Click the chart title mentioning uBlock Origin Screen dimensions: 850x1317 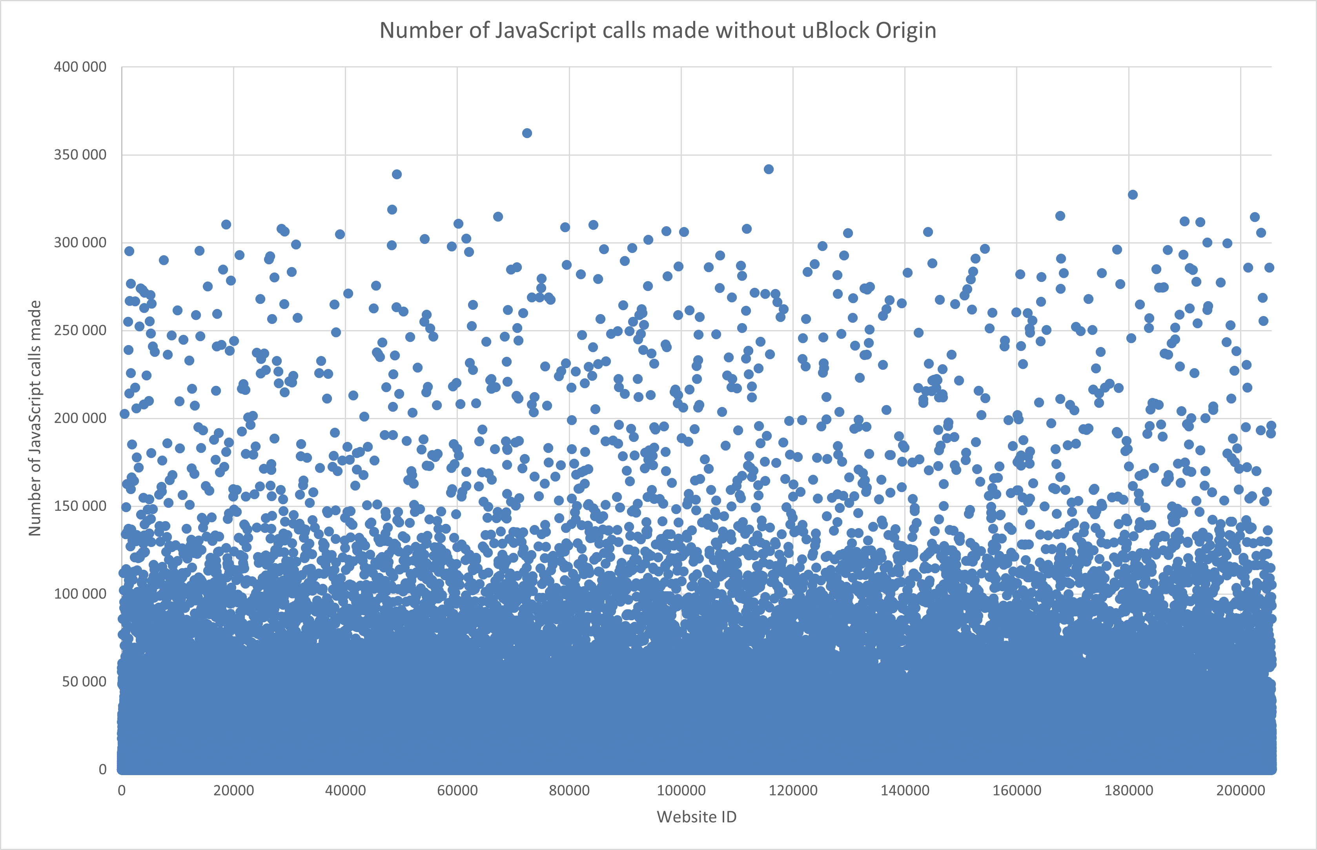coord(658,30)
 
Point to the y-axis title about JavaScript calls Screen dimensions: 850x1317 coord(35,418)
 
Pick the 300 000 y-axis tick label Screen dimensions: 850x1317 coord(80,243)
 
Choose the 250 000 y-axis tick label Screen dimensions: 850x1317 coord(80,331)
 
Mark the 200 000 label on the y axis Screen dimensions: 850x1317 coord(80,418)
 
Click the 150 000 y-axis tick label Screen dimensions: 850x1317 coord(80,506)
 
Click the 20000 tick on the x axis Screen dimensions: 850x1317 coord(233,790)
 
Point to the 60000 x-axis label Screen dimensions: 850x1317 coord(457,790)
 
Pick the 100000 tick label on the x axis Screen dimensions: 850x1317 coord(681,790)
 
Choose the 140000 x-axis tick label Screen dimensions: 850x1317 coord(905,790)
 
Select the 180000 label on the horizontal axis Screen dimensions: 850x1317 coord(1129,790)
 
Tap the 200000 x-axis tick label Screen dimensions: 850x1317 coord(1241,790)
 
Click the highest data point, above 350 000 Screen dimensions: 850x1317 coord(527,133)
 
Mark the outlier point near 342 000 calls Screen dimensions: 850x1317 coord(769,169)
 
